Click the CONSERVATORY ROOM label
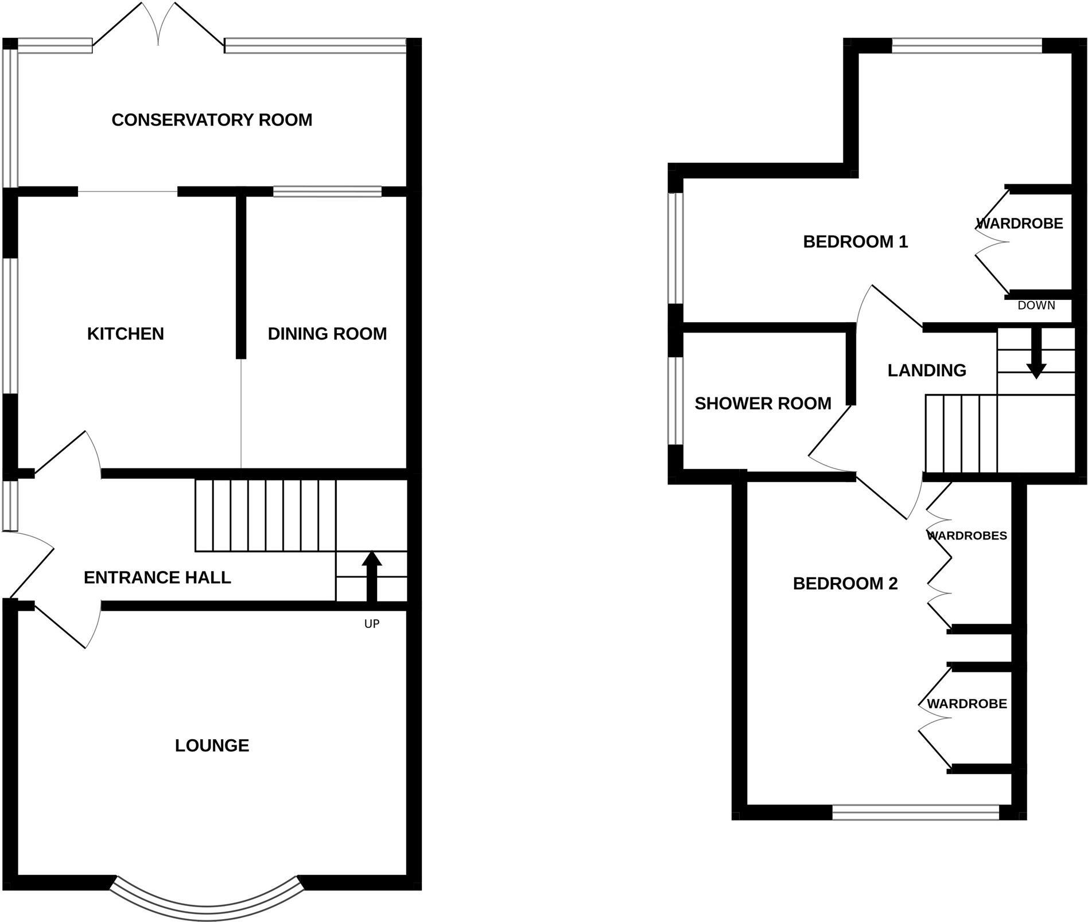(212, 120)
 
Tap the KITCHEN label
(125, 334)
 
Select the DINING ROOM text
(327, 334)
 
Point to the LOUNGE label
(212, 745)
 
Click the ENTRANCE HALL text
(157, 577)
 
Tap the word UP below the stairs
(372, 624)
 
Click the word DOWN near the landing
(1036, 306)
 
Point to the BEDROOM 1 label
(855, 242)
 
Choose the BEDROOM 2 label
(845, 584)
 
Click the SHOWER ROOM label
(763, 404)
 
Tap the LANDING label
(927, 370)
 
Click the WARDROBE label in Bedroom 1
(1020, 224)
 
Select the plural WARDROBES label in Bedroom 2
(967, 536)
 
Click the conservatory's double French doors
(158, 26)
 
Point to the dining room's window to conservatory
(327, 192)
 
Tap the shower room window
(676, 401)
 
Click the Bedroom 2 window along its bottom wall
(915, 812)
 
